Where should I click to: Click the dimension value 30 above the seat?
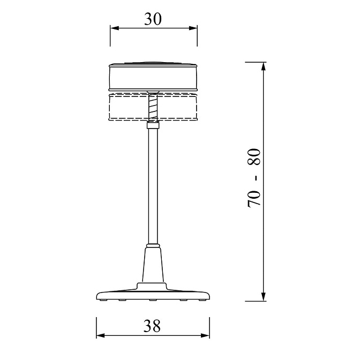pos(153,19)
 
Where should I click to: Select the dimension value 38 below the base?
pos(153,326)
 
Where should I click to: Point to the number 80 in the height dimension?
pos(254,158)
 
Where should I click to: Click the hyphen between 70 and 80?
pos(256,177)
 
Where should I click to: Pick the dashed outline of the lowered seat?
pos(123,107)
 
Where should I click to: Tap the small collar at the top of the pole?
pos(153,126)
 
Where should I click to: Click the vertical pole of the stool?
pos(153,187)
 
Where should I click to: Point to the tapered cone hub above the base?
pos(153,265)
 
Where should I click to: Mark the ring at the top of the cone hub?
pos(153,246)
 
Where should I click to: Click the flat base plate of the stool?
pos(153,294)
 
